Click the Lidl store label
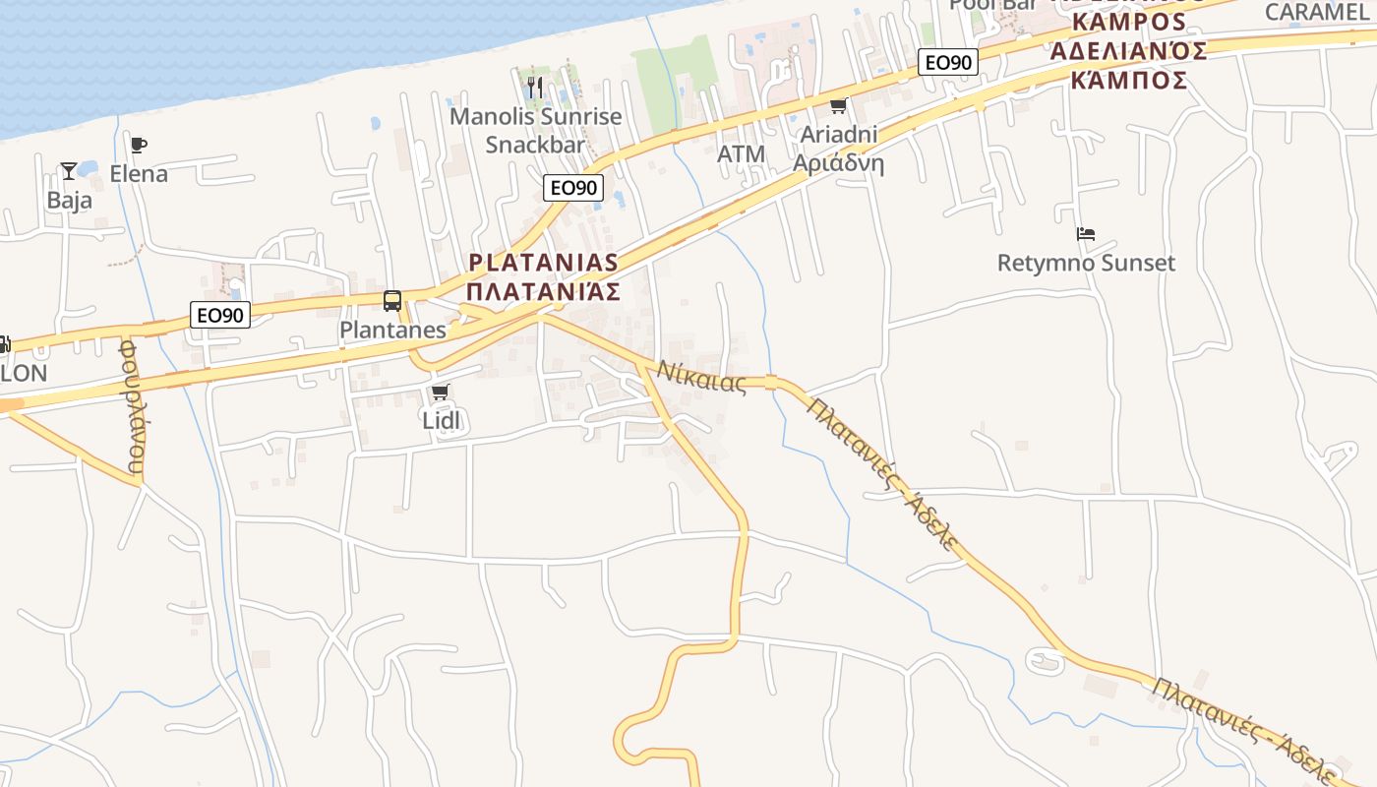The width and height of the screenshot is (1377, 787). coord(441,420)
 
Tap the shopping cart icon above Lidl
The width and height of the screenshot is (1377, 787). coord(441,393)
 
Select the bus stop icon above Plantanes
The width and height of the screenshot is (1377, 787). coord(392,301)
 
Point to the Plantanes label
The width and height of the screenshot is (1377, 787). coord(392,330)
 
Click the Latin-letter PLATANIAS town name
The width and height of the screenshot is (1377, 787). coord(544,263)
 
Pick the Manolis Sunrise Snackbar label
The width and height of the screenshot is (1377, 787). coord(536,130)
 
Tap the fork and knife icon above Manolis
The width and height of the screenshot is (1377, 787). coord(534,88)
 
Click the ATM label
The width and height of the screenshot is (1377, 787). coord(741,154)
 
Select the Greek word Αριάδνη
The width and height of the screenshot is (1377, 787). coord(838,163)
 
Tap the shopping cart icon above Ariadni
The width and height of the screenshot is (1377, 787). coord(838,106)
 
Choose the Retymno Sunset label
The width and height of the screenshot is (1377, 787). coord(1086,263)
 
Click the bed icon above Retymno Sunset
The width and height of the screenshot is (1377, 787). coord(1086,234)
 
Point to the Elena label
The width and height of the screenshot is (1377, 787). coord(139,174)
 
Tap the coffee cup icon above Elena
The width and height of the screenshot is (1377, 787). coord(139,146)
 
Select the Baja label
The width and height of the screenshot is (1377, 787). coord(70,201)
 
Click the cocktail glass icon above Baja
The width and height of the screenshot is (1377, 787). coord(69,171)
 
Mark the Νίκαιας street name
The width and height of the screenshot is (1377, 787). coord(702,377)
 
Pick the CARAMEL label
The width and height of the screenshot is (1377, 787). coord(1316,12)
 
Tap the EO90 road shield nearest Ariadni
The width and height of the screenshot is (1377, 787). coord(948,63)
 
